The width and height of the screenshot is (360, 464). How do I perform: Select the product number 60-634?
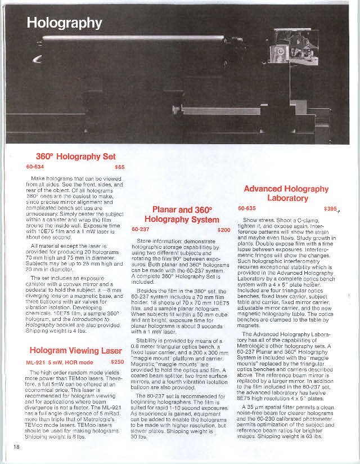35,167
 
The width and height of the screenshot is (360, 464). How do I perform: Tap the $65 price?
119,167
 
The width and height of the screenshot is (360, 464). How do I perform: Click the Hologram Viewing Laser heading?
76,350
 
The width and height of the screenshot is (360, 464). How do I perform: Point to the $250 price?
118,362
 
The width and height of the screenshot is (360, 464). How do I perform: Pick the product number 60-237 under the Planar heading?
141,230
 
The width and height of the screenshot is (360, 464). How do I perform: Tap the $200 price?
224,230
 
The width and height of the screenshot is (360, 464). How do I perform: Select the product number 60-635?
247,208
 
